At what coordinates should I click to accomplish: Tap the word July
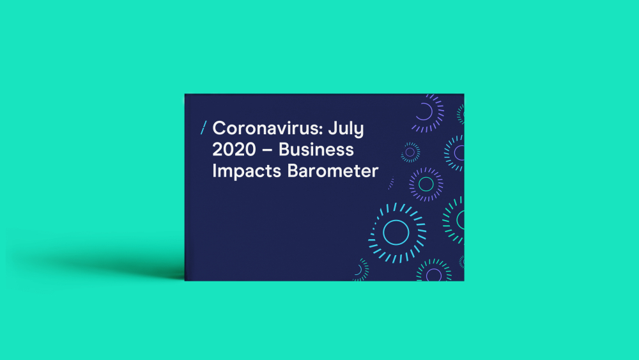click(346, 129)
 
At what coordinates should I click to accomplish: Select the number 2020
click(234, 150)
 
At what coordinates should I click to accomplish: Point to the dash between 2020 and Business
click(267, 150)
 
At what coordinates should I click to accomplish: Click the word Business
click(316, 150)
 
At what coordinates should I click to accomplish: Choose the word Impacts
click(247, 171)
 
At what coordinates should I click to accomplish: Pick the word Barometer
click(333, 171)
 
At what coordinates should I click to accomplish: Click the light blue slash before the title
click(203, 128)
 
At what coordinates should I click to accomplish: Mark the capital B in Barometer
click(293, 171)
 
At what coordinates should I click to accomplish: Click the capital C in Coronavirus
click(220, 129)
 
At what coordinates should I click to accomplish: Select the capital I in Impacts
click(214, 171)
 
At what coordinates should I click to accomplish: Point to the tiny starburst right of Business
click(410, 152)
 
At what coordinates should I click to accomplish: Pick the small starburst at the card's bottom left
click(361, 270)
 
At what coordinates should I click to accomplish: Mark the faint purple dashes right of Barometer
click(391, 183)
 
